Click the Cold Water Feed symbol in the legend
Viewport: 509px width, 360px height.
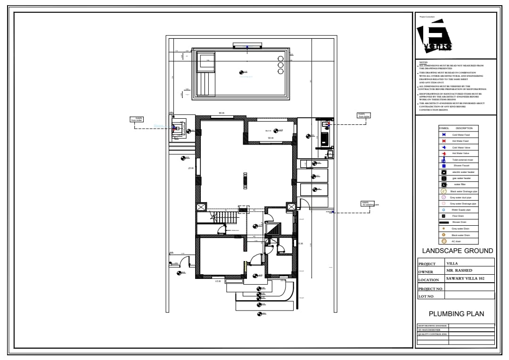443,135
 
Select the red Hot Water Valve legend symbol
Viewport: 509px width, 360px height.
443,154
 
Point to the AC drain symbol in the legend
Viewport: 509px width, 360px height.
443,241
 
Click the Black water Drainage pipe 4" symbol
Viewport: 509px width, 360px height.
443,191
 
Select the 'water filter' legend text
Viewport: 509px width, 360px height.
460,184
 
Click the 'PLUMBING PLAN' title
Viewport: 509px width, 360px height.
456,314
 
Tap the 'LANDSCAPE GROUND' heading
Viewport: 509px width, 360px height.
457,251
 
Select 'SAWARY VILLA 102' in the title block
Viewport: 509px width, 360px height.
465,278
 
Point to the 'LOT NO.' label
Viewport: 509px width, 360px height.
426,296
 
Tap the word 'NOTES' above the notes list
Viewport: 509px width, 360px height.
423,62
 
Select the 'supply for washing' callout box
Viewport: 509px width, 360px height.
370,204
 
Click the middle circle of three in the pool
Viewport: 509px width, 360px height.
280,65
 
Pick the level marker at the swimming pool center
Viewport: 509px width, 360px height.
242,72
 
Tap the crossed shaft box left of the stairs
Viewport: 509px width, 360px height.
201,207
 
